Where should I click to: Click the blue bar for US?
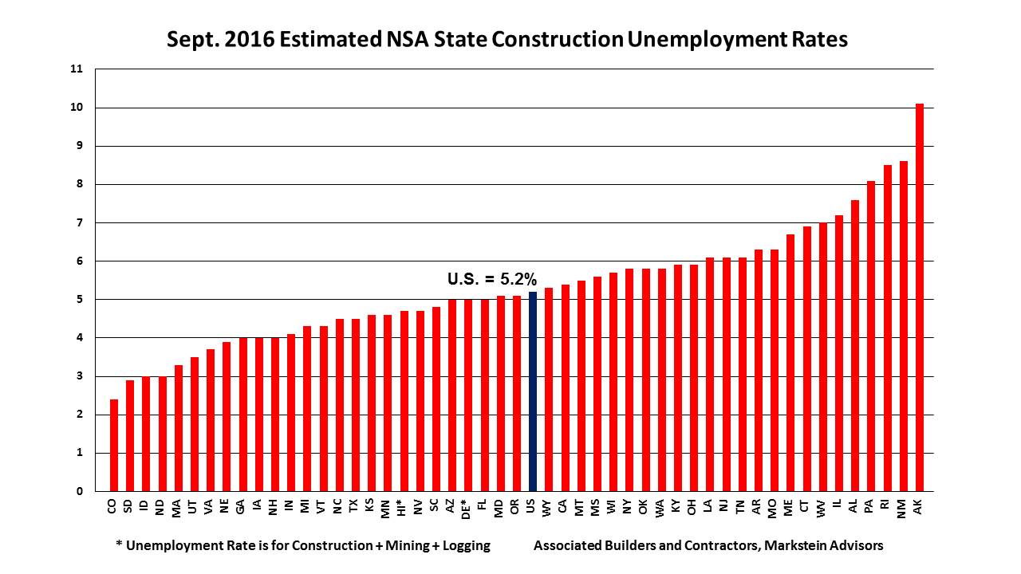tap(532, 391)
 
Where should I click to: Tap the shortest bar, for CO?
tap(114, 445)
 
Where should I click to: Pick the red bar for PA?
tap(871, 336)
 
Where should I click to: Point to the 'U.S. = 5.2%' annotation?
tap(491, 279)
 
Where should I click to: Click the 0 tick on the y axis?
tap(80, 491)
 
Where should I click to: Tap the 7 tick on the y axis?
tap(80, 222)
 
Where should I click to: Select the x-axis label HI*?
tap(404, 507)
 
